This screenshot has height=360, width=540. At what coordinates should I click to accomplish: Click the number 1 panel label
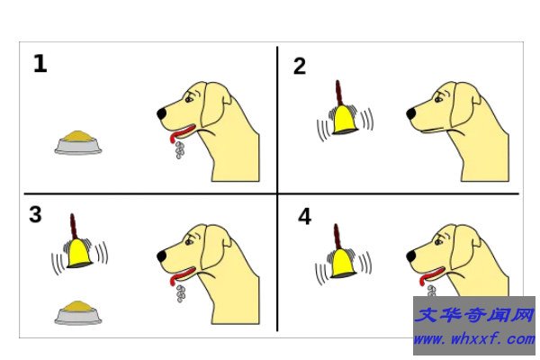(x=40, y=64)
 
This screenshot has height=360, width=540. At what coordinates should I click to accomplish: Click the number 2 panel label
(x=300, y=66)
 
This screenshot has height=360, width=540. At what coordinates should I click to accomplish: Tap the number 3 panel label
(x=35, y=214)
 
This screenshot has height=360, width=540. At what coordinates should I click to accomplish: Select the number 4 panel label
(x=304, y=217)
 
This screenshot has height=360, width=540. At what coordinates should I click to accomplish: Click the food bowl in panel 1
(x=78, y=142)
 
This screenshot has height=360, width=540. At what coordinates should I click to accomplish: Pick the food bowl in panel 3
(x=78, y=313)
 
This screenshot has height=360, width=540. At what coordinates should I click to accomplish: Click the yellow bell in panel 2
(x=345, y=120)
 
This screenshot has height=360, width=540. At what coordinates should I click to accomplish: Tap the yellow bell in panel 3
(x=79, y=253)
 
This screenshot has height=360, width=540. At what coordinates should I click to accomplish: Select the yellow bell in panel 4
(x=344, y=263)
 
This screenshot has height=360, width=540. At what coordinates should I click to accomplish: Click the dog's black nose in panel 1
(x=162, y=114)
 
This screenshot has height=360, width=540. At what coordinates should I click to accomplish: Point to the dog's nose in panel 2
(x=411, y=114)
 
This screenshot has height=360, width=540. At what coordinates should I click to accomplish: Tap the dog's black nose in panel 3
(x=162, y=256)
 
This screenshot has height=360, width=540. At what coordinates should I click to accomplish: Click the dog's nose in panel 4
(x=411, y=256)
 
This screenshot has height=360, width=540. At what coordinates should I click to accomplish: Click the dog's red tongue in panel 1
(x=182, y=132)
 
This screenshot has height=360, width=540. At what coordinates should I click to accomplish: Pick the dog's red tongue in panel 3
(x=182, y=274)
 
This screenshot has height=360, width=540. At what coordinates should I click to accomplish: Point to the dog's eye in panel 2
(x=438, y=100)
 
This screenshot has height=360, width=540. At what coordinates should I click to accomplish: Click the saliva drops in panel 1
(x=179, y=149)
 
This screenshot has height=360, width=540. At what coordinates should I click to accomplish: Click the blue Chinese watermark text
(x=474, y=315)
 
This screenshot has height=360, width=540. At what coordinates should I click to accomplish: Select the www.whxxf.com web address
(x=474, y=339)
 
